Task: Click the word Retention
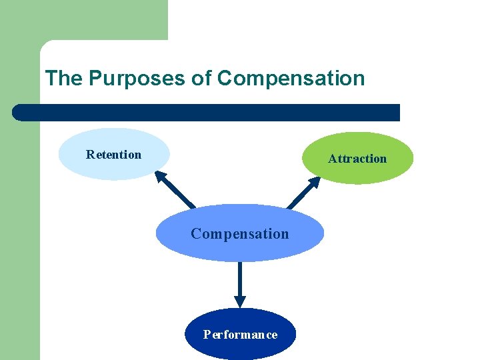point(113,155)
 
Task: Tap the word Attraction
point(357,159)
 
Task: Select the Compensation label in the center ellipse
point(240,234)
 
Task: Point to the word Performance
point(240,335)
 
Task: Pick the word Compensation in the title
point(291,79)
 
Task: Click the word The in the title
point(63,79)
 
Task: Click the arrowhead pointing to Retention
point(161,176)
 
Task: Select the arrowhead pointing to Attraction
point(314,182)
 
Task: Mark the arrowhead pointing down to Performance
point(240,301)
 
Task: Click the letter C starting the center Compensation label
point(195,234)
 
